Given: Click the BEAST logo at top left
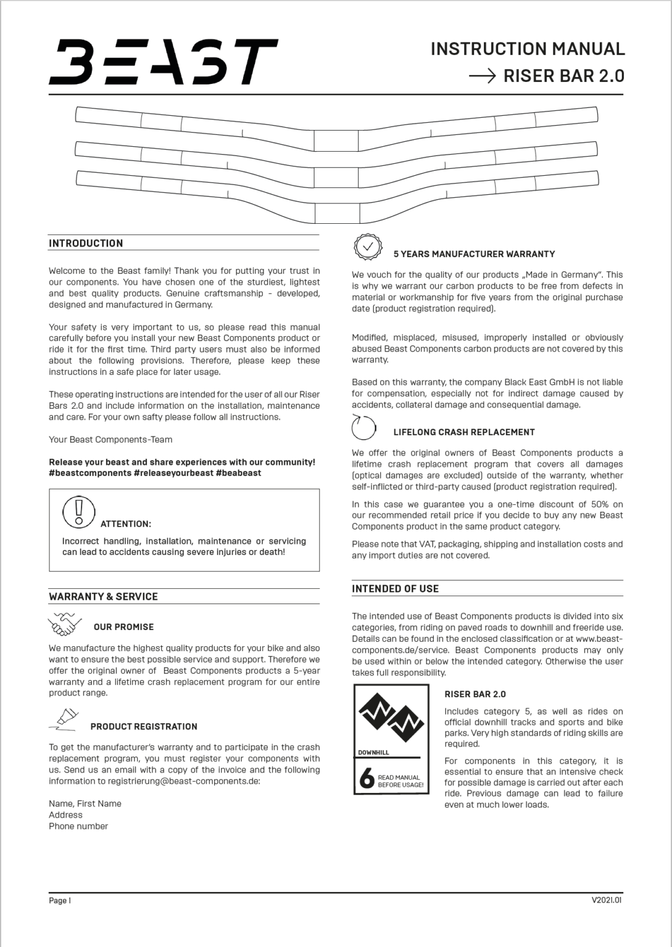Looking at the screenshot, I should pyautogui.click(x=163, y=62).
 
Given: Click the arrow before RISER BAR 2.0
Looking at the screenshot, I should pyautogui.click(x=482, y=76).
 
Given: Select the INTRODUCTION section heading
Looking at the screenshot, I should pyautogui.click(x=86, y=243).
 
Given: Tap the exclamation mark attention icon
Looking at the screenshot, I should pyautogui.click(x=78, y=512).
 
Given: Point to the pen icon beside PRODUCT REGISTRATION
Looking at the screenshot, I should pyautogui.click(x=65, y=719).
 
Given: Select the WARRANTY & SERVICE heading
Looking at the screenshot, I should pyautogui.click(x=103, y=596).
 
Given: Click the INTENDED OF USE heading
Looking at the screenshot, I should pyautogui.click(x=395, y=588).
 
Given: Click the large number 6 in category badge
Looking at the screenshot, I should pyautogui.click(x=367, y=779).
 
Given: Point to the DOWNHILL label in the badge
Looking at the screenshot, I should pyautogui.click(x=373, y=752).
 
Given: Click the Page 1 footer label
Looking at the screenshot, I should pyautogui.click(x=60, y=900).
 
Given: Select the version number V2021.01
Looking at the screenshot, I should pyautogui.click(x=607, y=900).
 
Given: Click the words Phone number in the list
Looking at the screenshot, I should pyautogui.click(x=78, y=826).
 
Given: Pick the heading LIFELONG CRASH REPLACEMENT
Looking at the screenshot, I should pyautogui.click(x=464, y=432).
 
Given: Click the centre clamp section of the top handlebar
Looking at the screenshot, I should pyautogui.click(x=336, y=140).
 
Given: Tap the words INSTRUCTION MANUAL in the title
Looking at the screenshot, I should pyautogui.click(x=528, y=49).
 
